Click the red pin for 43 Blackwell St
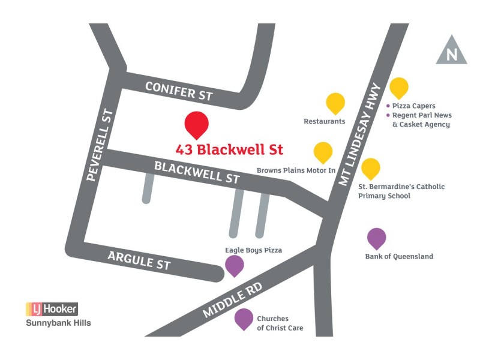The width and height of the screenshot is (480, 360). pos(196,124)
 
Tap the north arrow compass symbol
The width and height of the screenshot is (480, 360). pos(451,51)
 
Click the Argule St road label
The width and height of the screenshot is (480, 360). pos(139,260)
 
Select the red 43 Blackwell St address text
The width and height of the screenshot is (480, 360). pos(229,149)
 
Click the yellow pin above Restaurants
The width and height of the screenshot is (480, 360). pos(335,103)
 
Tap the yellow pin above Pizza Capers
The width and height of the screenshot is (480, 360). pos(399,87)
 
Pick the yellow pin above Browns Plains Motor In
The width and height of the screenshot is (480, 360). pos(323,152)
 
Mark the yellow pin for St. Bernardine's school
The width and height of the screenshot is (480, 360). pos(370,168)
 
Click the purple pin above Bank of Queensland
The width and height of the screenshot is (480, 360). pos(376,238)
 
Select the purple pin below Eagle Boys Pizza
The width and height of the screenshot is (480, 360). pos(234,265)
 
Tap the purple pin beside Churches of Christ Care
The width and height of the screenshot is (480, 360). pos(244,318)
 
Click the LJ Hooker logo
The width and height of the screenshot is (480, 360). pos(52,309)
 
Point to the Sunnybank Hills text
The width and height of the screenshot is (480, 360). pos(58,323)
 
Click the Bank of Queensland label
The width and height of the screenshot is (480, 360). pos(399,256)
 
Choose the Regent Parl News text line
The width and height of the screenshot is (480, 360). pos(422,115)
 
